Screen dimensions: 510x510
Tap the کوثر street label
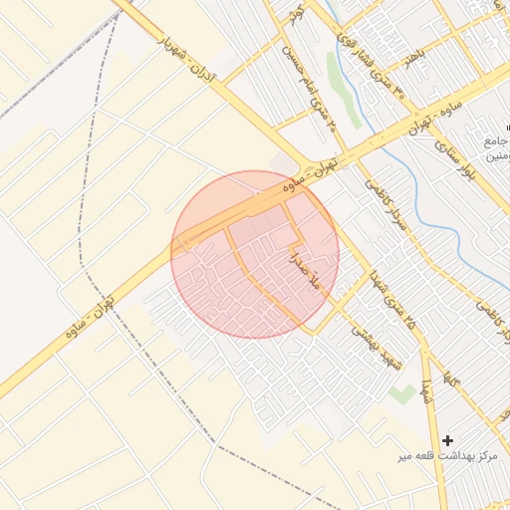pos(297,14)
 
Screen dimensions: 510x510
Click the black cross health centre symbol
pos(447,439)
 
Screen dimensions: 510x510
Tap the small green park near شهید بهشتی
pos(401,393)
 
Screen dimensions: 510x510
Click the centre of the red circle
pos(255,254)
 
